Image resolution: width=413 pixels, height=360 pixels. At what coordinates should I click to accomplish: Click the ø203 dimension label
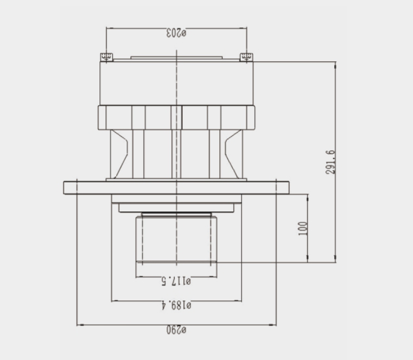[176, 33]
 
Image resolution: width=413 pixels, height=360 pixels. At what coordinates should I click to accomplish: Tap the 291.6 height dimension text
[330, 162]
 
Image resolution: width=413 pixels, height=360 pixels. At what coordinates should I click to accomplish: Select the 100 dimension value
[303, 228]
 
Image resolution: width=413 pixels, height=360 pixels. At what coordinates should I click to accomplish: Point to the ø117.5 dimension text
[176, 281]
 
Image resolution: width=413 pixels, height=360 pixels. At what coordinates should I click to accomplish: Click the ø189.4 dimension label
[176, 305]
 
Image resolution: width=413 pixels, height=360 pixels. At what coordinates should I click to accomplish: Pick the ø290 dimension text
[176, 329]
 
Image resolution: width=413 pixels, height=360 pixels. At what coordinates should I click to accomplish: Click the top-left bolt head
[106, 57]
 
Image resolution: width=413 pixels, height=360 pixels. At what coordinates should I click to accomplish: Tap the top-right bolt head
[246, 57]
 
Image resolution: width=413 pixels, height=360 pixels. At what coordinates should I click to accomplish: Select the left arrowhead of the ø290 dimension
[80, 325]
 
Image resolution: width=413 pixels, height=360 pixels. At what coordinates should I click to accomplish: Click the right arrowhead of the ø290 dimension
[272, 325]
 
